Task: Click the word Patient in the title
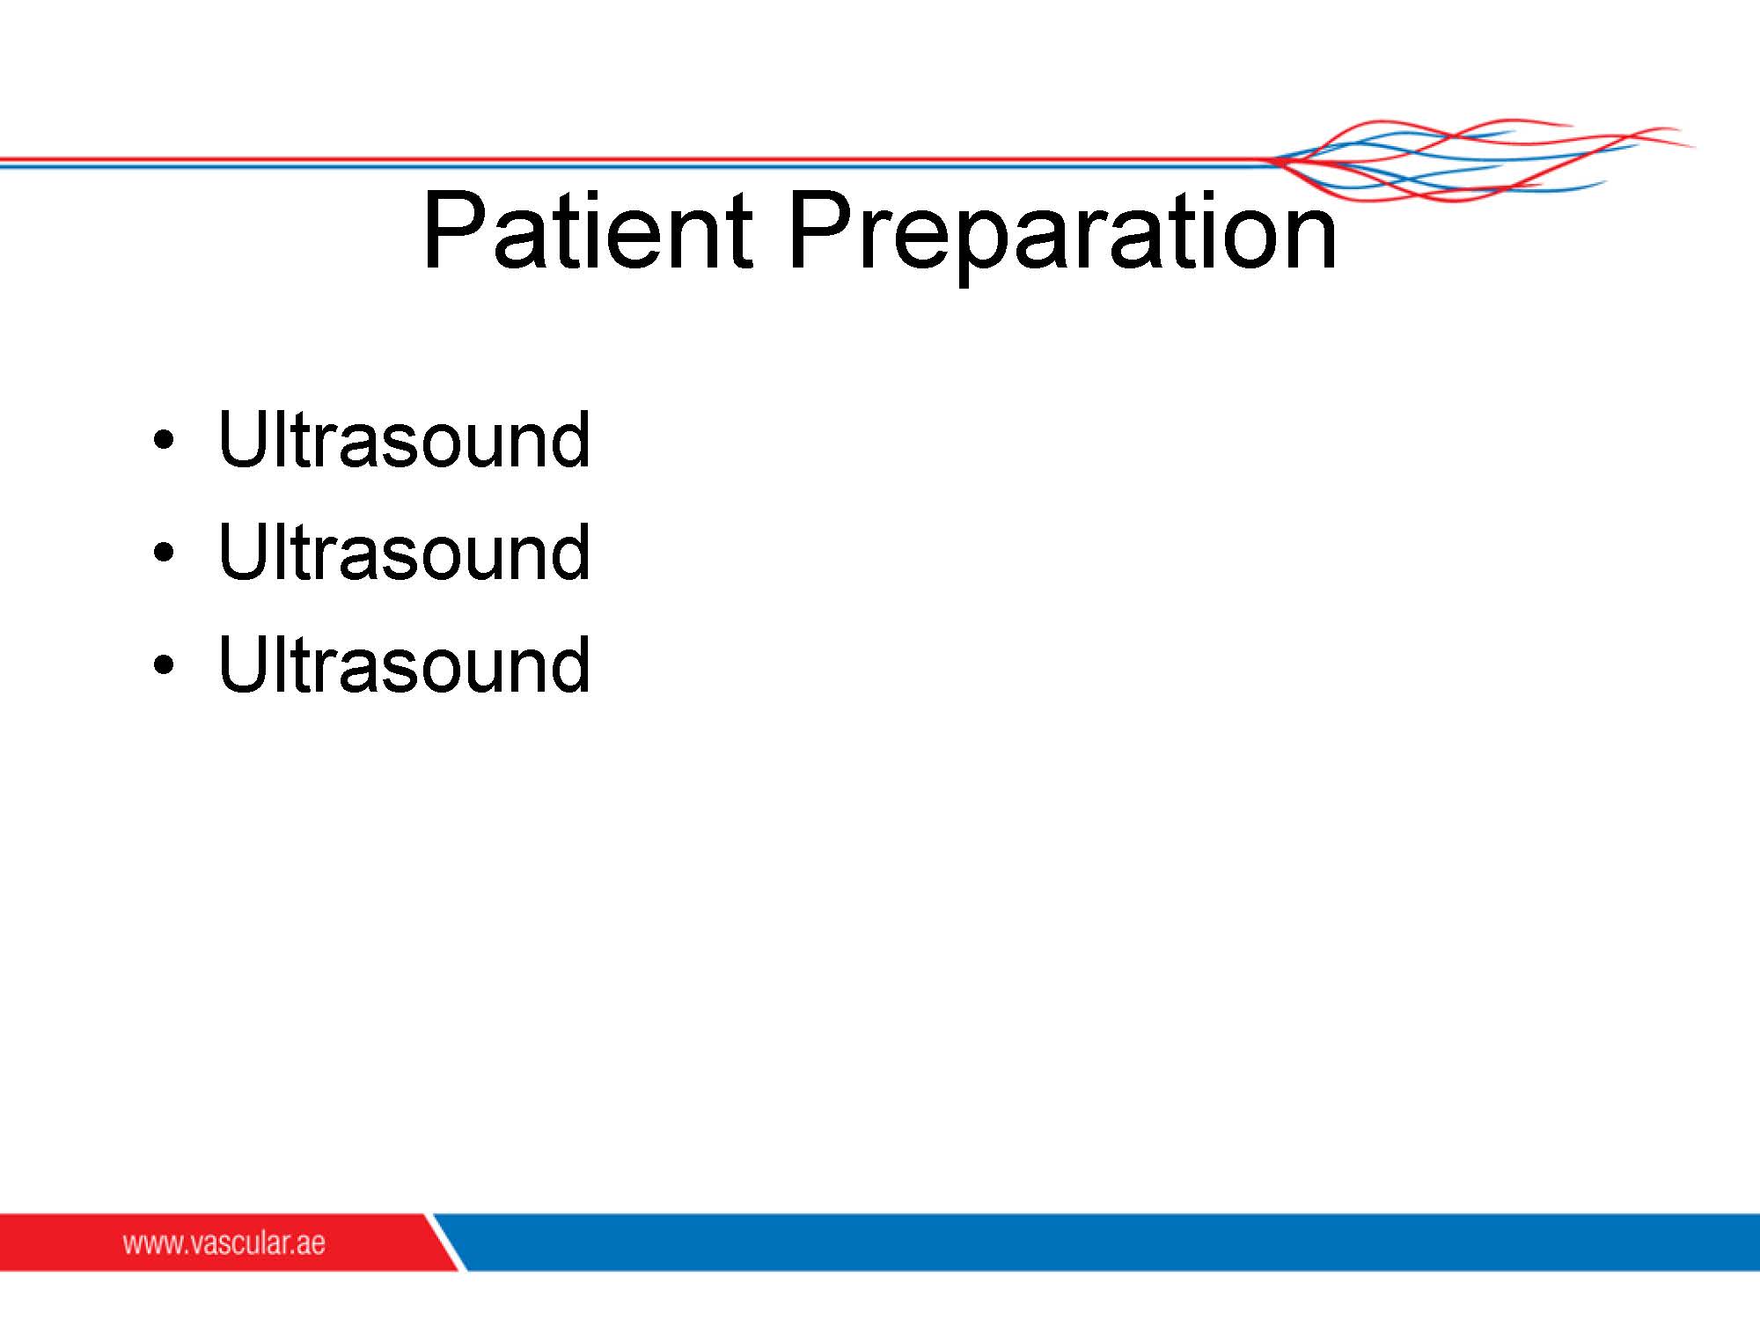588,230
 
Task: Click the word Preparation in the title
1063,236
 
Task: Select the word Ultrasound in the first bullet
404,439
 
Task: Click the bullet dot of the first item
164,440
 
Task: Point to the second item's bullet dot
164,553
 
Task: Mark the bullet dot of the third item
164,664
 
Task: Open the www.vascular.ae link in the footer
224,1243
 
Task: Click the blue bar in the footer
1109,1242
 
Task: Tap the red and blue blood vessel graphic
1483,160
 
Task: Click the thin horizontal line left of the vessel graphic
634,163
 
